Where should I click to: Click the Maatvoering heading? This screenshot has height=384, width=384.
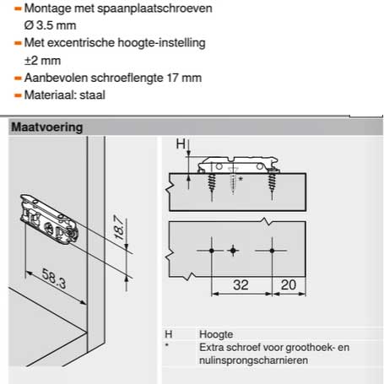[x=47, y=127]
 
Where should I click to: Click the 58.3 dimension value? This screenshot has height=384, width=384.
[x=54, y=279]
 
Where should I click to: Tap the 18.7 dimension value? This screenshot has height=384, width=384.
[x=119, y=227]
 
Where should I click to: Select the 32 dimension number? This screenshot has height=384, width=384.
[x=241, y=285]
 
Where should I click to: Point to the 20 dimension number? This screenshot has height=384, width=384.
[x=289, y=285]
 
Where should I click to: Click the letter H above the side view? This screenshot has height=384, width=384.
[x=181, y=144]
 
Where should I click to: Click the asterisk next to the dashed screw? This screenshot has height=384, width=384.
[x=241, y=179]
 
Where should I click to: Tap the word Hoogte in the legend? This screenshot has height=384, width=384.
[x=216, y=334]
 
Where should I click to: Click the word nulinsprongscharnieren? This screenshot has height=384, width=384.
[x=253, y=360]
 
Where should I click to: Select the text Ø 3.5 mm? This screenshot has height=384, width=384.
[x=50, y=25]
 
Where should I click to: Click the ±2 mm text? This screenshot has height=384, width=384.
[x=42, y=61]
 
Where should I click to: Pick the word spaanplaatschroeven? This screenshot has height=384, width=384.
[x=154, y=8]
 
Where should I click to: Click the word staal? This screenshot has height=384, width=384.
[x=92, y=95]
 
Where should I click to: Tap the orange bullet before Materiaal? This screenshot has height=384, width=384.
[x=18, y=95]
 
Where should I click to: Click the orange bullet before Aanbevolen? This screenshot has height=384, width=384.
[x=18, y=78]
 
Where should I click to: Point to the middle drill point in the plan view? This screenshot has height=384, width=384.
[x=233, y=250]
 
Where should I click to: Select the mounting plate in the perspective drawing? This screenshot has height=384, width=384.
[x=49, y=219]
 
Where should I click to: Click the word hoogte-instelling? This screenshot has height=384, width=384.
[x=161, y=43]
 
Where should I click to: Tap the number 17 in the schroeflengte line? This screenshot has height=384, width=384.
[x=173, y=78]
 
